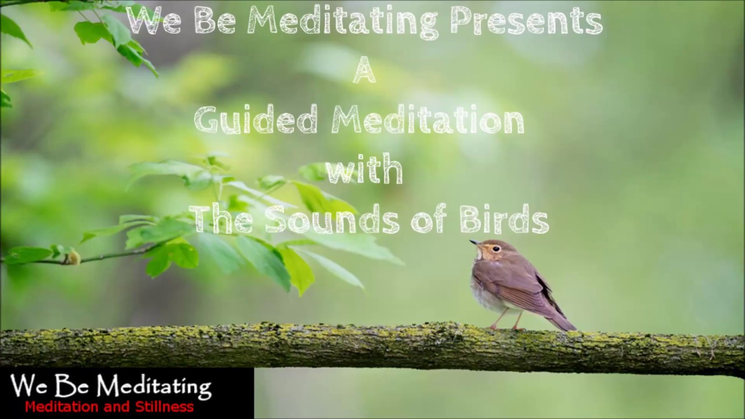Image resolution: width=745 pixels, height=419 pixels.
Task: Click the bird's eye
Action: click(x=495, y=248)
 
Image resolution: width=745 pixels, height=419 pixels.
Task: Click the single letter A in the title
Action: click(x=364, y=71)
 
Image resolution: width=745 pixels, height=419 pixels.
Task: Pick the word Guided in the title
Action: click(x=256, y=120)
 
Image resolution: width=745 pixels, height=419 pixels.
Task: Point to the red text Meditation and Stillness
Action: click(x=109, y=407)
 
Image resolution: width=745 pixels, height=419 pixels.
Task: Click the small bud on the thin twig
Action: click(x=72, y=257)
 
